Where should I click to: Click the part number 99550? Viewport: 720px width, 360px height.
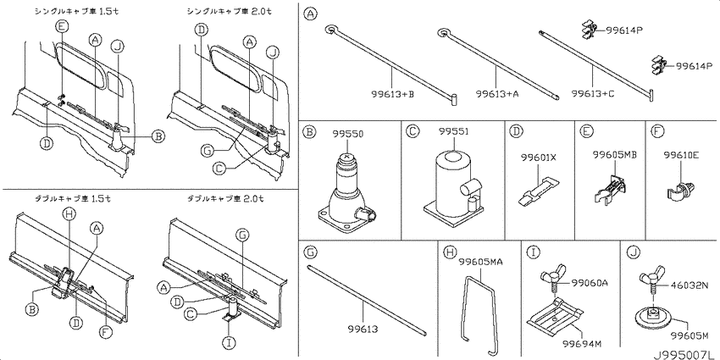pos(348,134)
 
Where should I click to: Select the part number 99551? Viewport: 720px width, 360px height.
pos(453,131)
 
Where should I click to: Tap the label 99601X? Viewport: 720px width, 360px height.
pos(539,158)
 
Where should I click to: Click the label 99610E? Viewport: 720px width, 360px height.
pos(681,156)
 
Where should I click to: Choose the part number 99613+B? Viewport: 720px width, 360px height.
pos(392,94)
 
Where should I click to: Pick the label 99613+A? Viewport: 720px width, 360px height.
pos(497,94)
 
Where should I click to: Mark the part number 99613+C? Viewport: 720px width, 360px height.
pos(593,94)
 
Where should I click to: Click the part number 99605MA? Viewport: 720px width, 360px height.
pos(481,263)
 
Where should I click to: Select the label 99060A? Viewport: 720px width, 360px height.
pos(590,283)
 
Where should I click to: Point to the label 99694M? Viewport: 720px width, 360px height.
pos(583,342)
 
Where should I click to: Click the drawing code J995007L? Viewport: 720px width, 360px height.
pos(685,354)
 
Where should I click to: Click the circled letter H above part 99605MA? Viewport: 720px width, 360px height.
pos(450,252)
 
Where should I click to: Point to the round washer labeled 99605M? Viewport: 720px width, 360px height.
pos(652,318)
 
